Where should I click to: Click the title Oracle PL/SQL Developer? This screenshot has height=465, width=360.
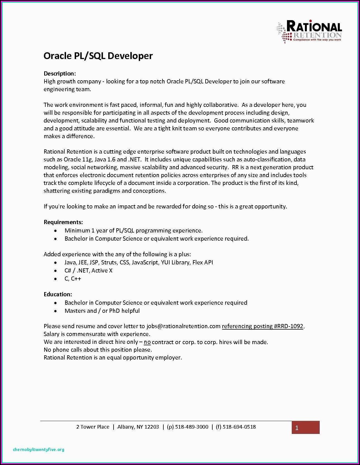pos(98,56)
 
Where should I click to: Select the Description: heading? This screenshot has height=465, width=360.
pos(60,74)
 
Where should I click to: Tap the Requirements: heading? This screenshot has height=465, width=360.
pos(63,222)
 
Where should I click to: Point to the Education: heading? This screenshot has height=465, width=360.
pos(58,294)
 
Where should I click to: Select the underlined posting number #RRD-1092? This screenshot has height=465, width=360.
pos(289,326)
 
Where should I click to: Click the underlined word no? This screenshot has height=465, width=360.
pos(147,342)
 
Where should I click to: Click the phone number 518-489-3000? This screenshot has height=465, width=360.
pos(192,427)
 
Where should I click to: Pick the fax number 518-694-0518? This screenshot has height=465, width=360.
pos(239,427)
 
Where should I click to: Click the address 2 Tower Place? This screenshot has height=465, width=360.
pos(93,427)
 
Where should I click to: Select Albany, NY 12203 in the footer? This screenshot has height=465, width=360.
pos(138,427)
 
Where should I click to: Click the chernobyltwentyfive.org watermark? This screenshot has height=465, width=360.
pos(39,450)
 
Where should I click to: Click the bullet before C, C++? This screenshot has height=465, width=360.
pos(56,279)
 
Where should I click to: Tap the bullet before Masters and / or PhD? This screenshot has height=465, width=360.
pos(56,311)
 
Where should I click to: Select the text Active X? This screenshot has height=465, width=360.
pos(102,271)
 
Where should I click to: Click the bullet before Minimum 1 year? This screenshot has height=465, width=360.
pos(56,231)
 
